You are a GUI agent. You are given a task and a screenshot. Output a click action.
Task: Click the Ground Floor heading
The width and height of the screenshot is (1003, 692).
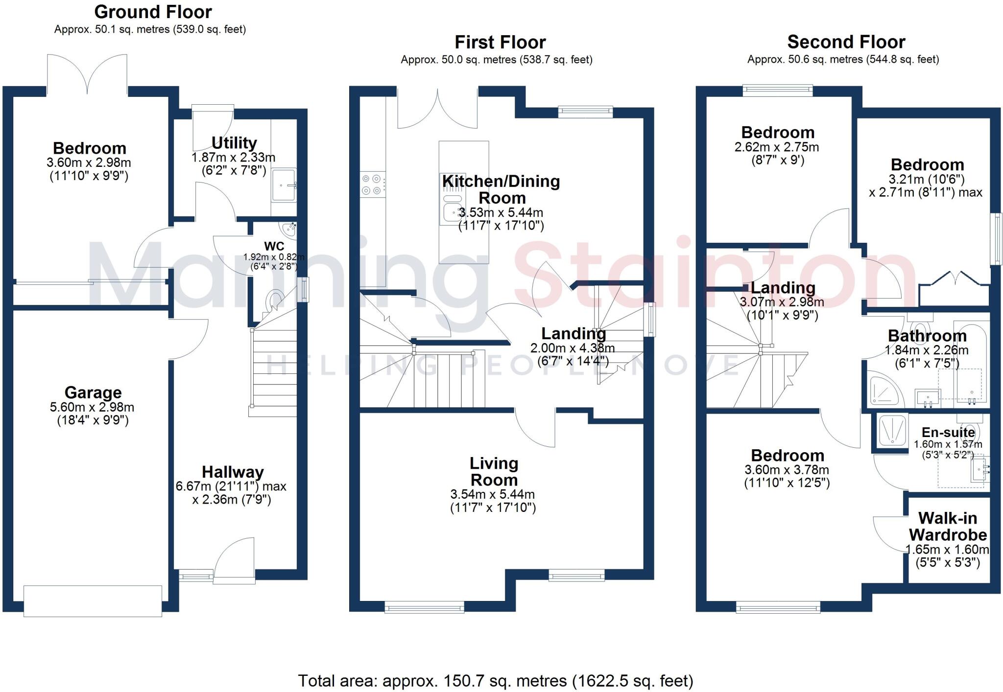153,12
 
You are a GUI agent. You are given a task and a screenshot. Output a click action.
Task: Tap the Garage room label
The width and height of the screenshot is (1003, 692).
93,392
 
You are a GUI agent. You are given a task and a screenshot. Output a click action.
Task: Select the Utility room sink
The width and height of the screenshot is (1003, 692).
284,185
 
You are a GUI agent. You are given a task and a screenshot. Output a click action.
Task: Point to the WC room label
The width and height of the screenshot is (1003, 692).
274,246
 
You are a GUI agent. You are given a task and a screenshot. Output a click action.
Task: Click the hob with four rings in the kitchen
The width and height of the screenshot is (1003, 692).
372,185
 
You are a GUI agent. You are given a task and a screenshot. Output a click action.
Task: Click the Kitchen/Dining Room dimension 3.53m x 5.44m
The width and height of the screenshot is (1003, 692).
501,213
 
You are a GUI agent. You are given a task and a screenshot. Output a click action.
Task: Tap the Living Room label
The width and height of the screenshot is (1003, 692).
494,471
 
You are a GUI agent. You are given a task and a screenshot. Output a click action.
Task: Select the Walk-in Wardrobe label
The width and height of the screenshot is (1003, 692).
948,526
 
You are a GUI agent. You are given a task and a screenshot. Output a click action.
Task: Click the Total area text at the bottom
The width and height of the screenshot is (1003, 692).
496,681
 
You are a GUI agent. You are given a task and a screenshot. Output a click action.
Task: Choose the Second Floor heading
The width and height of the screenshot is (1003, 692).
846,42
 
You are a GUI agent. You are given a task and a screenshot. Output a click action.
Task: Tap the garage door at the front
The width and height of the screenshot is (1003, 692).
93,601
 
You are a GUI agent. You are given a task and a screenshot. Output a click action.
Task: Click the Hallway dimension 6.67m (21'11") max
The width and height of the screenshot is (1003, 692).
231,486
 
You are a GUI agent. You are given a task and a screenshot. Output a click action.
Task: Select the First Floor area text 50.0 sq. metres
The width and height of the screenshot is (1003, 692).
497,60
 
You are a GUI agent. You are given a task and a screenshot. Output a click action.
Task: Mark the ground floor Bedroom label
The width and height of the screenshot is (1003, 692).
90,148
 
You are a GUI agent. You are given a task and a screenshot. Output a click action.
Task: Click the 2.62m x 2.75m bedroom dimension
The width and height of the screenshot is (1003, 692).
776,147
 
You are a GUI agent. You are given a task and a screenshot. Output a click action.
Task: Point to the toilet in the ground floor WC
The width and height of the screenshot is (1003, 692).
274,300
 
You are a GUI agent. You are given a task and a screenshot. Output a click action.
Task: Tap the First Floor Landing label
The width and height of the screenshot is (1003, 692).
573,334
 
